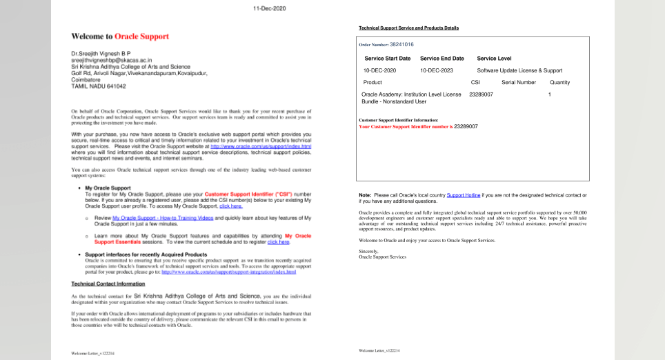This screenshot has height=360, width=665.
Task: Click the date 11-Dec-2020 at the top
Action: coord(269,8)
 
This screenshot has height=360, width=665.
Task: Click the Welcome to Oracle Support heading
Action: coord(120,36)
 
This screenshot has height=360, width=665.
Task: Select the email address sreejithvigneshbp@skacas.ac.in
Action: coord(111,60)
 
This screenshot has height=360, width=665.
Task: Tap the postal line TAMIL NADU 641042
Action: coord(99,86)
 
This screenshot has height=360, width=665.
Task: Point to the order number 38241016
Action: coord(401,44)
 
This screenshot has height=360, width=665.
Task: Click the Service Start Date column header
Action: coord(388,59)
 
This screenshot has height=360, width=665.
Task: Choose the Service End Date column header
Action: coord(442,59)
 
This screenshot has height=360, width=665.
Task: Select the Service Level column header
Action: coord(495,59)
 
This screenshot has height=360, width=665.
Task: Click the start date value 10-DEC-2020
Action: coord(380,70)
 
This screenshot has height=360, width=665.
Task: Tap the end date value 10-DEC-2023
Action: coord(437,70)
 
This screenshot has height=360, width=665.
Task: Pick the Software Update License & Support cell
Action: coord(519,70)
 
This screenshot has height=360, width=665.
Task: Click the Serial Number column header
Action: coord(519,82)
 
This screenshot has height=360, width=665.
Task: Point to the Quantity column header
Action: coord(560,82)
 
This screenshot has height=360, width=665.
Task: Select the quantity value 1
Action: coord(550,94)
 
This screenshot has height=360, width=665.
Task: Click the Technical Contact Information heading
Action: coord(108,283)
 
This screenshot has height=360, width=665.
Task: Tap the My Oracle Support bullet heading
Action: coord(108,188)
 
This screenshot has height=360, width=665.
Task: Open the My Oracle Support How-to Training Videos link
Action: coord(163,218)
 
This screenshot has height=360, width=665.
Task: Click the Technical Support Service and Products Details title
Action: coord(409,28)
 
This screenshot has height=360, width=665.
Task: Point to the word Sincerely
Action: coord(370,251)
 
